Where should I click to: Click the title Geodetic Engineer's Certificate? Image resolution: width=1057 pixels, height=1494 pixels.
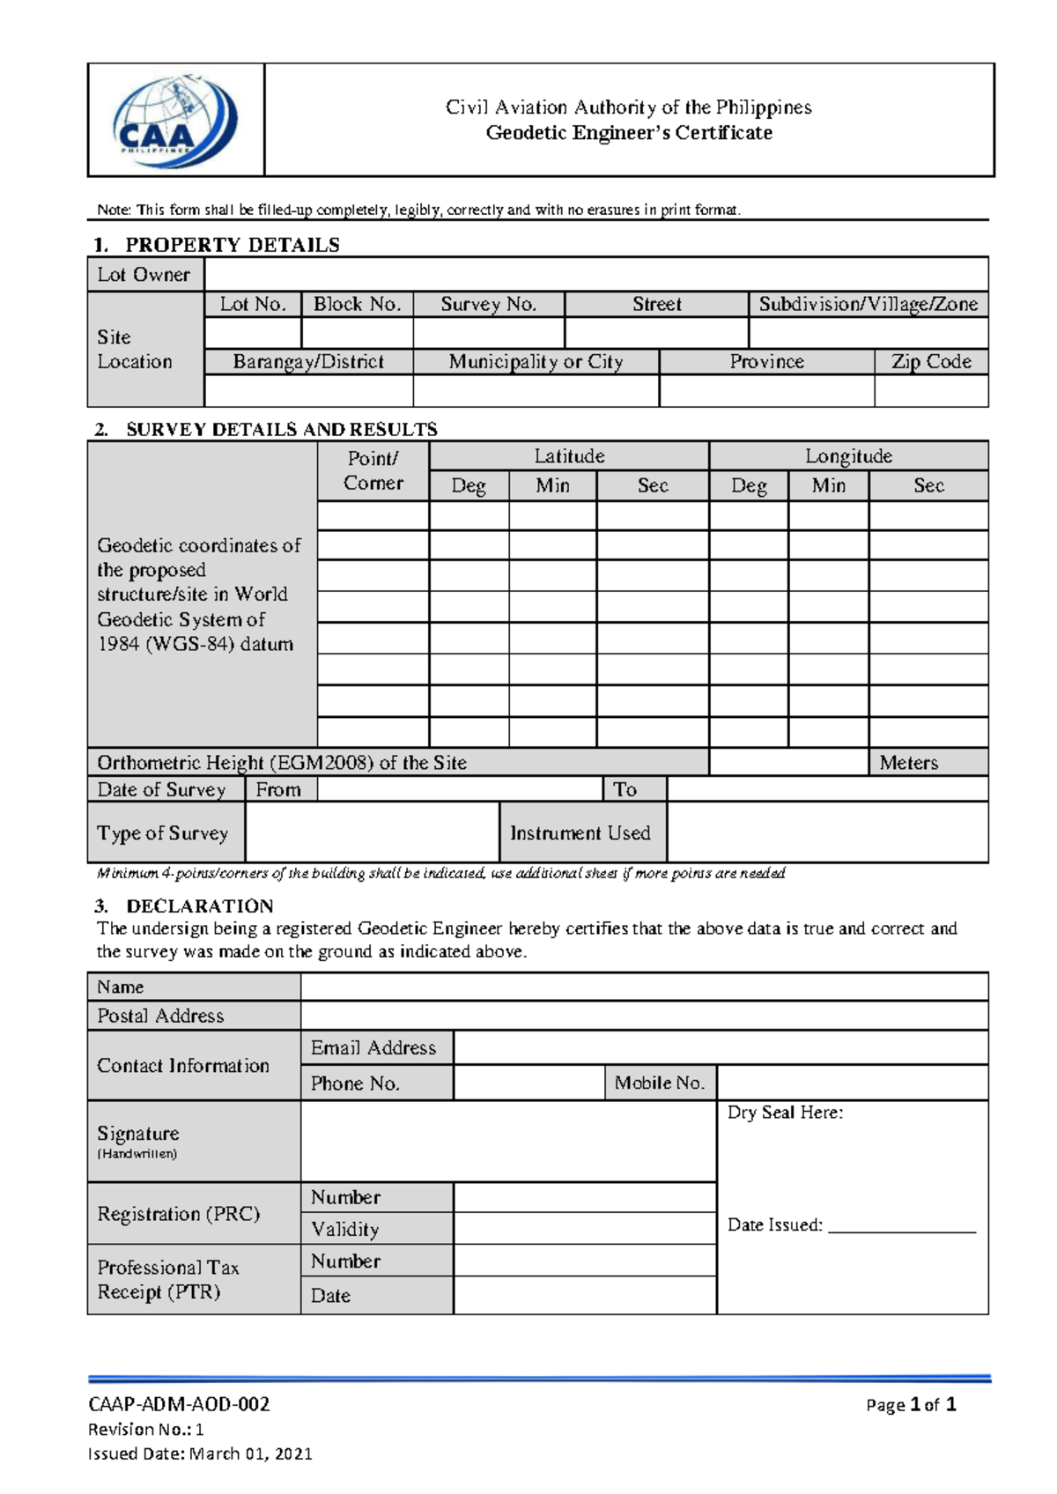pyautogui.click(x=629, y=133)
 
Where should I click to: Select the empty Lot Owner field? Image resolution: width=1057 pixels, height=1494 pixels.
pyautogui.click(x=595, y=274)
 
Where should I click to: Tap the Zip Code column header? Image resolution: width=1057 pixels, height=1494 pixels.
pyautogui.click(x=931, y=361)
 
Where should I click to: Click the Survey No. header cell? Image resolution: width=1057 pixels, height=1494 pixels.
pyautogui.click(x=488, y=304)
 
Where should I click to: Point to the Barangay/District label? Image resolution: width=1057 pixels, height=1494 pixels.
pyautogui.click(x=308, y=361)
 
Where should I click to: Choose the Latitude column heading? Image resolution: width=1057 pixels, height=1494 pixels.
pyautogui.click(x=569, y=455)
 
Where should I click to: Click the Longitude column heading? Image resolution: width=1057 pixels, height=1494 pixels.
pyautogui.click(x=848, y=455)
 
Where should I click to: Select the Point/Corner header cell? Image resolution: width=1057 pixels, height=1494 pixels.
pyautogui.click(x=373, y=470)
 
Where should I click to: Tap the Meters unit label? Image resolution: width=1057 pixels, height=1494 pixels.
pyautogui.click(x=908, y=763)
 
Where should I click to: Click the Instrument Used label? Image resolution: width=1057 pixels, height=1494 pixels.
pyautogui.click(x=580, y=832)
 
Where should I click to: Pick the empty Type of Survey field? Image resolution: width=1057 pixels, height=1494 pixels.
pyautogui.click(x=372, y=832)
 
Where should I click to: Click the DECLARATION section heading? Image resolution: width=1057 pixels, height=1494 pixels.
pyautogui.click(x=199, y=906)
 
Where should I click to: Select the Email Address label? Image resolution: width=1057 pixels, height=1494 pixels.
pyautogui.click(x=373, y=1047)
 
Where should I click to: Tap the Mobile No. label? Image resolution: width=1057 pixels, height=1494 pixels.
pyautogui.click(x=660, y=1083)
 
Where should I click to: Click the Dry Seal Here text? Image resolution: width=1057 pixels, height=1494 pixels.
pyautogui.click(x=785, y=1113)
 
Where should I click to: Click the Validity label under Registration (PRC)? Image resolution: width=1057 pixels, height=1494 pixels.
pyautogui.click(x=345, y=1229)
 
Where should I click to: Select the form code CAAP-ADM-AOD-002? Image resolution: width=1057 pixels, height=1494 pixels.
pyautogui.click(x=179, y=1404)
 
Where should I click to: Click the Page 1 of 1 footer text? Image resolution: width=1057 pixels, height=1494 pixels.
pyautogui.click(x=911, y=1404)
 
